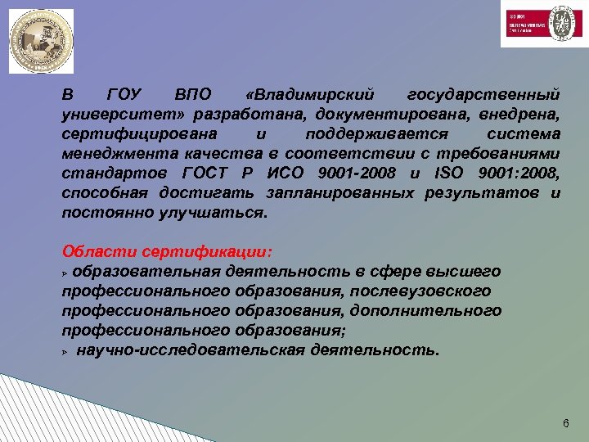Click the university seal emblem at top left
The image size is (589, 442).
pyautogui.click(x=41, y=41)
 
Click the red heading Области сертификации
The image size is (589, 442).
pyautogui.click(x=167, y=250)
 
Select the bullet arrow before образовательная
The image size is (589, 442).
pyautogui.click(x=65, y=272)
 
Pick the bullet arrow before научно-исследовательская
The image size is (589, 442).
pyautogui.click(x=65, y=351)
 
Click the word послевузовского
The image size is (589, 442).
pyautogui.click(x=423, y=291)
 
